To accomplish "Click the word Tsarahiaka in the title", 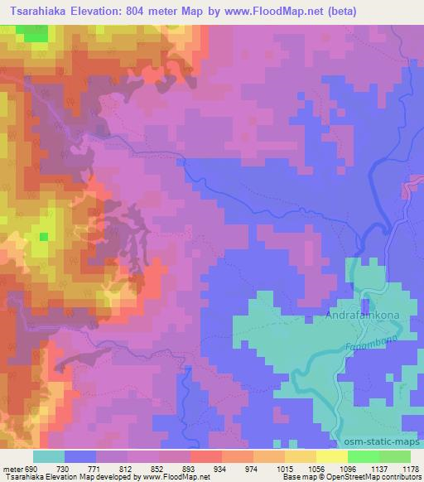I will [39, 11].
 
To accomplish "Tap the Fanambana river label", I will [369, 342].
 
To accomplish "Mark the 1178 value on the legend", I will [411, 469].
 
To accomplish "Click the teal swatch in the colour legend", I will [49, 456].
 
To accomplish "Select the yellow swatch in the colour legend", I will [331, 456].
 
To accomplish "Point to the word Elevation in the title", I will [103, 11].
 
